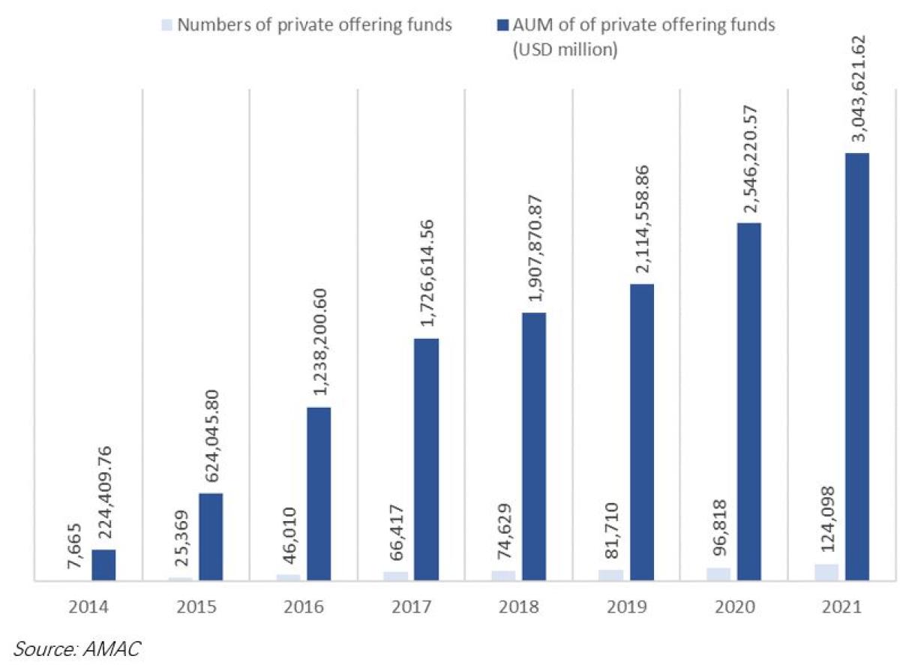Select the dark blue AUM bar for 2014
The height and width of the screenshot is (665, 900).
click(x=103, y=565)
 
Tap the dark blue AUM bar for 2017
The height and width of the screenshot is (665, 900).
click(x=426, y=459)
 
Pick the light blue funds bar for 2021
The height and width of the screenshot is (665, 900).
click(x=826, y=572)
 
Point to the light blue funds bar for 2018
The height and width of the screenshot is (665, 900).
click(x=503, y=575)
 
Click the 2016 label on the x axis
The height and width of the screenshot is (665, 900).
click(x=304, y=607)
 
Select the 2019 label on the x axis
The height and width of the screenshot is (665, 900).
click(x=626, y=607)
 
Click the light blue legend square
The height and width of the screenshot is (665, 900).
click(x=169, y=25)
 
